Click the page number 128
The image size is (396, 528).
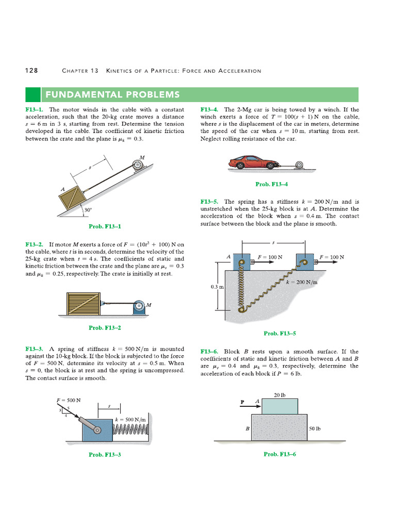coord(31,71)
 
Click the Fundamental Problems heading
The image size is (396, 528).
coord(113,94)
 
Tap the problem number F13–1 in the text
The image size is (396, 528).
coord(35,110)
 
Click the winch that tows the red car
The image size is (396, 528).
coord(299,165)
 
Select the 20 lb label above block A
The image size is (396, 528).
coord(280,396)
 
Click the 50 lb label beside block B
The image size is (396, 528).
coord(315,428)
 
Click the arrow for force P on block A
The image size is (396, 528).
coord(251,406)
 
